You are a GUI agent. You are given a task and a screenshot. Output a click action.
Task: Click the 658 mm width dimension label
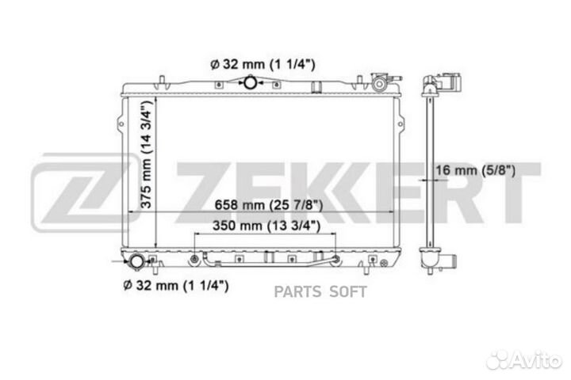268,205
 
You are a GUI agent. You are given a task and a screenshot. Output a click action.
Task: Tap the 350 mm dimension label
266,226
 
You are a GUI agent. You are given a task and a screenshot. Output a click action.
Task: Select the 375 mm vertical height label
147,154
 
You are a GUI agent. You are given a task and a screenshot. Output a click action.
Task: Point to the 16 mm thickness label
475,170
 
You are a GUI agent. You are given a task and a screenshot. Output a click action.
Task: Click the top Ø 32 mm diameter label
263,64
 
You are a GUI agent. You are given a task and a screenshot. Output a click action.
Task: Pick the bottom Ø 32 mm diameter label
176,285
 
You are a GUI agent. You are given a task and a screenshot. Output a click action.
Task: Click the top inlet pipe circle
250,82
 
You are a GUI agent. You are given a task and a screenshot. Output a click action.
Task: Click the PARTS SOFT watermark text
320,291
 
